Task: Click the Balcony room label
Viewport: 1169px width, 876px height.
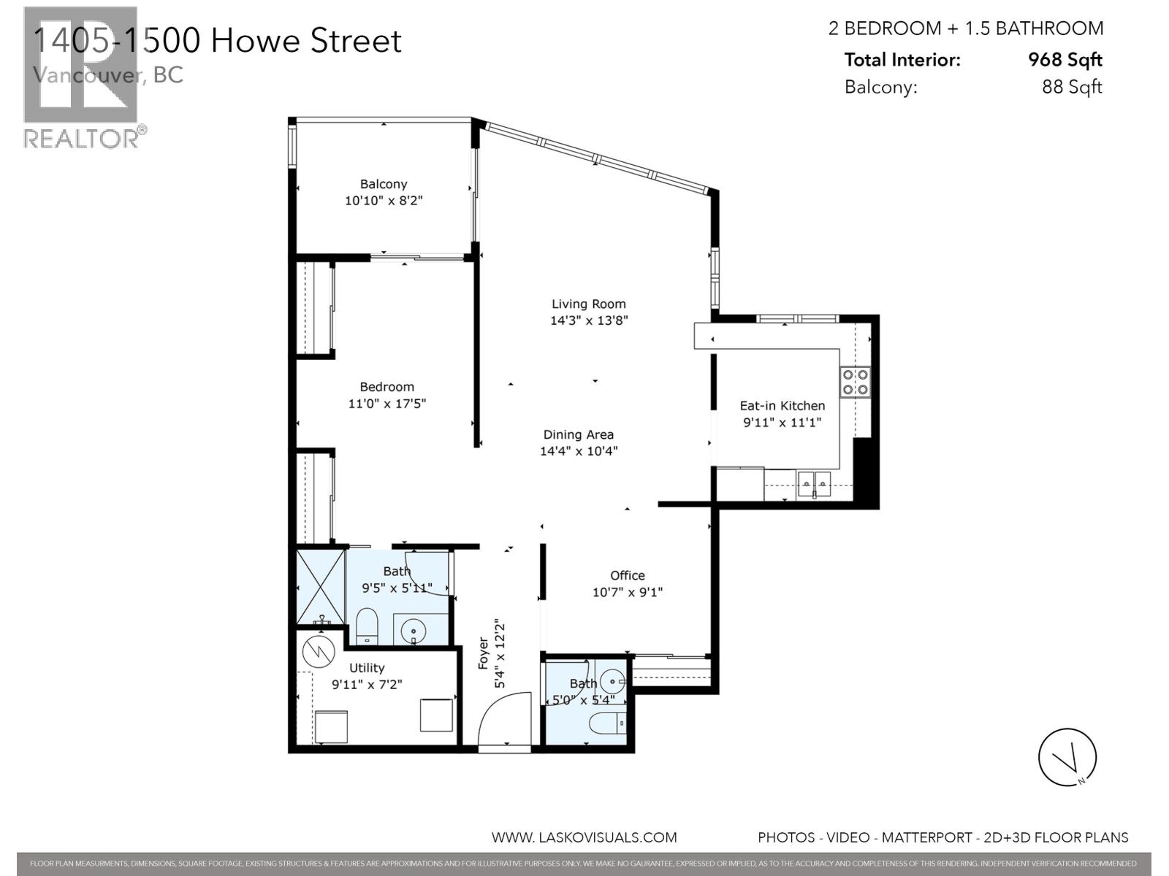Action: [x=384, y=184]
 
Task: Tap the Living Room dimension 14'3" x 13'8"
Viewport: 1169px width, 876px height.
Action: [x=589, y=320]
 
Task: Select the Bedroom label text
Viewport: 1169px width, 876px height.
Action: [x=387, y=387]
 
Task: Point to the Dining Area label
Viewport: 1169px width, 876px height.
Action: [x=578, y=434]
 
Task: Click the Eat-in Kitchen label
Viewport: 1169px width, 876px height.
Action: [x=782, y=406]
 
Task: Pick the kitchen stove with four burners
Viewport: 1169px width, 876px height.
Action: [x=855, y=381]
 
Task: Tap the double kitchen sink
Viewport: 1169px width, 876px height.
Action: [x=814, y=483]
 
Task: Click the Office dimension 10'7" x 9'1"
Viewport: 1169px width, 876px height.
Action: [x=627, y=592]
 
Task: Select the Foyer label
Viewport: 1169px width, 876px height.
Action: [x=484, y=653]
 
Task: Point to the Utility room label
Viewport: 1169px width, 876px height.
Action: [x=367, y=668]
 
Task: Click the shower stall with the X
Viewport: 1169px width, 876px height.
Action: [x=320, y=587]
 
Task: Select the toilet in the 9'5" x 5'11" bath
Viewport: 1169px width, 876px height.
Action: [x=366, y=627]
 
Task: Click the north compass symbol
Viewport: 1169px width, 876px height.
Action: [x=1067, y=757]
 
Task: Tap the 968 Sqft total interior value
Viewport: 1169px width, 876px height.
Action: [x=1065, y=60]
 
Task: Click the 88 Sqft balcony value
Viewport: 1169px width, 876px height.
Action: [x=1071, y=87]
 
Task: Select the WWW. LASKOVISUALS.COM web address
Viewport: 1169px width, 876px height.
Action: [x=584, y=837]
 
